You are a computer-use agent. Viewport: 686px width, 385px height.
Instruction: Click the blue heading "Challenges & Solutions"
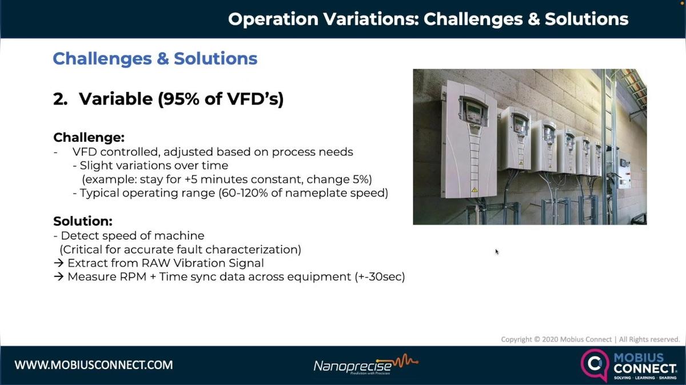pos(155,58)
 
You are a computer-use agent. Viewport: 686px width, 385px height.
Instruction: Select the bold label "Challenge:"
pos(89,138)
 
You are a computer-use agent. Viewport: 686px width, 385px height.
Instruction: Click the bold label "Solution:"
pos(83,221)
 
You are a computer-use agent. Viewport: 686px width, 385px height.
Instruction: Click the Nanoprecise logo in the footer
pos(365,365)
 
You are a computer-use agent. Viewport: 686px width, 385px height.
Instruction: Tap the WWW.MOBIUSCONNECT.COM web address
pos(94,364)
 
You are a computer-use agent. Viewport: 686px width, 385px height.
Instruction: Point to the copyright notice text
pos(590,339)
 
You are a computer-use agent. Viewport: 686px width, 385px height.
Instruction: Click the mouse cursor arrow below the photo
pos(497,251)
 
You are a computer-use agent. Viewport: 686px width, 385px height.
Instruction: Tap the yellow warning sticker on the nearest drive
pos(473,188)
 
